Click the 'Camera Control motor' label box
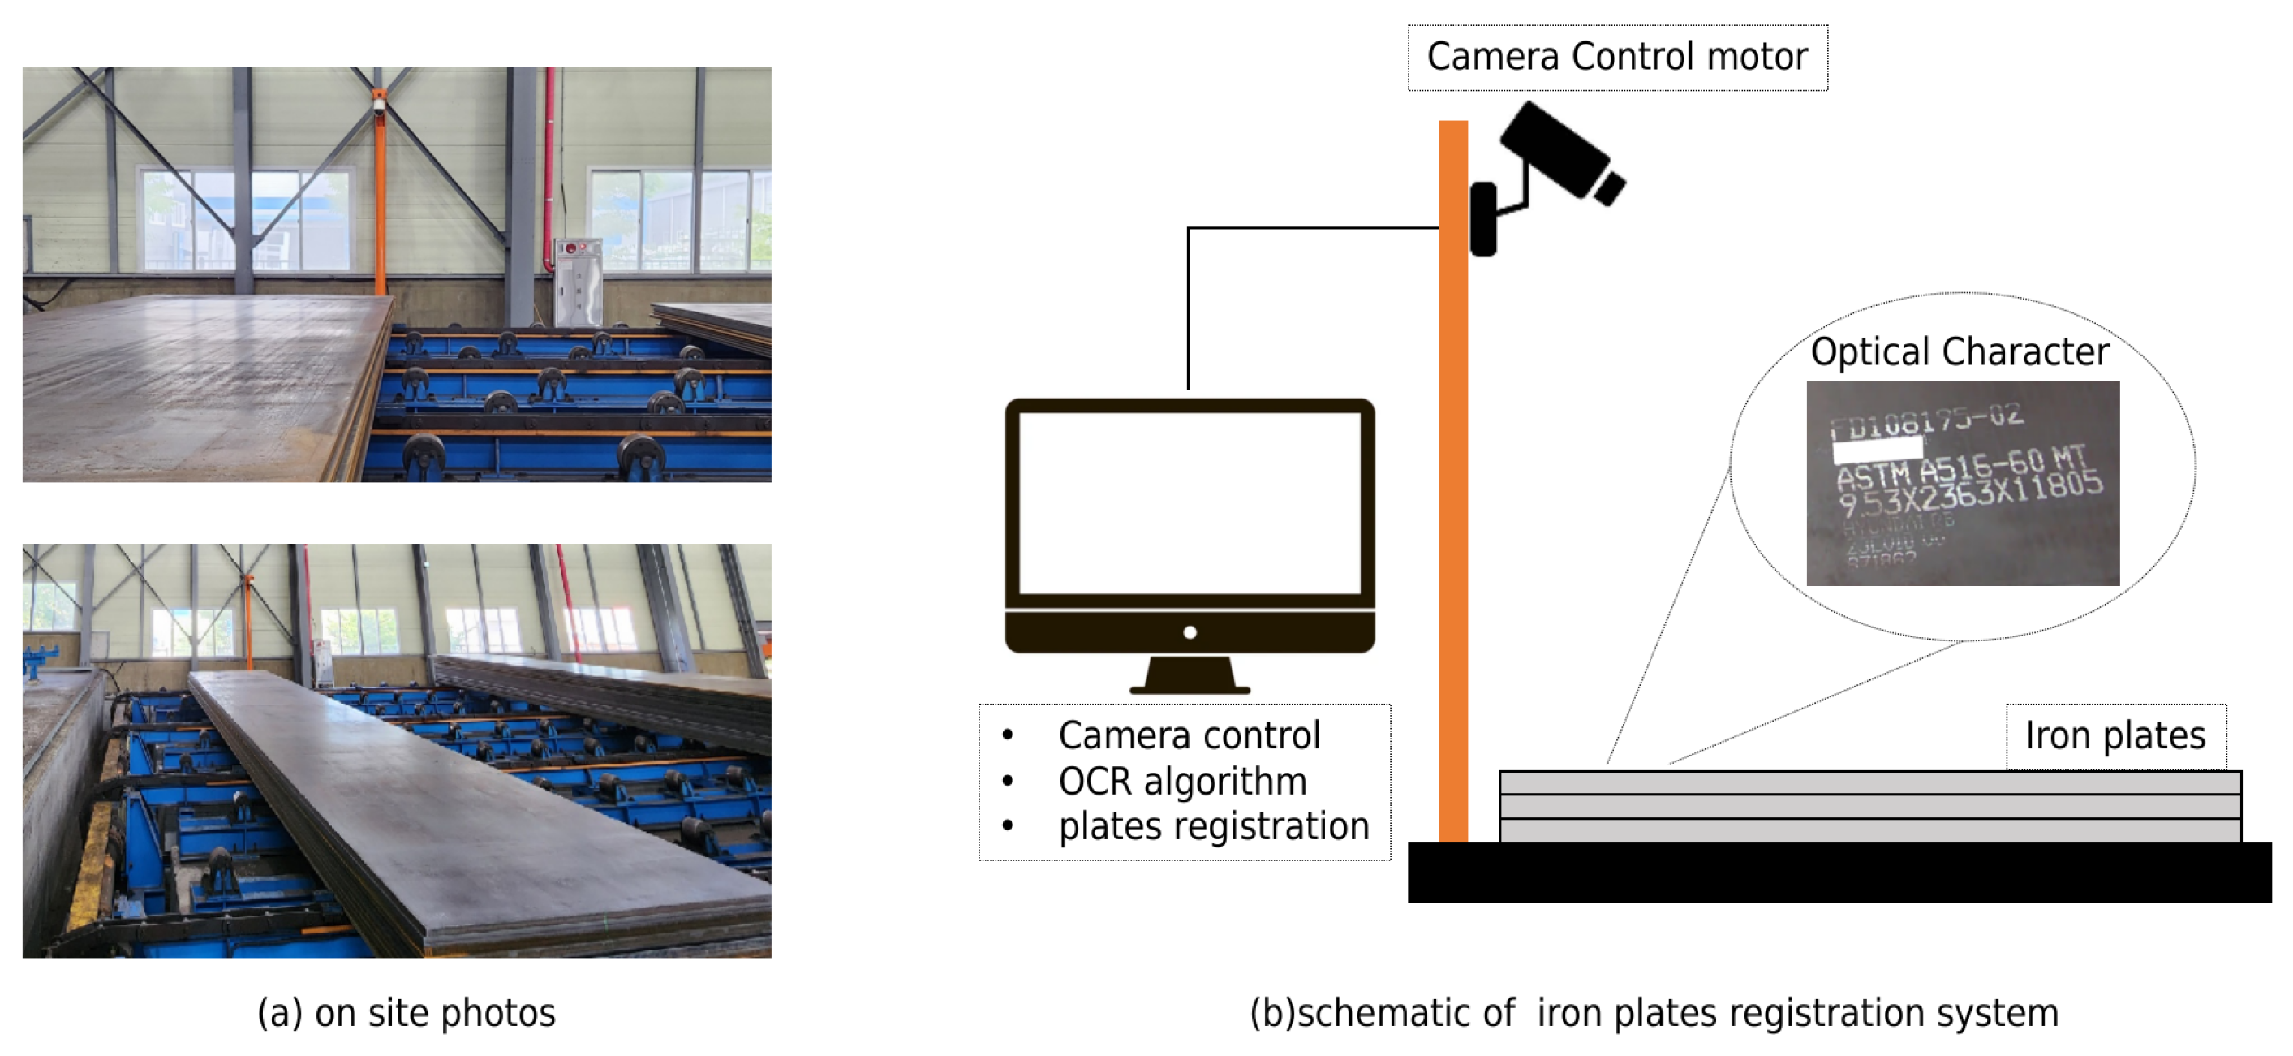[1616, 57]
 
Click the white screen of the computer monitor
[1190, 503]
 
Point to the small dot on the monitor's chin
[1190, 632]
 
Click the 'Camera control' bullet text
[1189, 735]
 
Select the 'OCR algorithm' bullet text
[1182, 781]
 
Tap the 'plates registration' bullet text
[1213, 826]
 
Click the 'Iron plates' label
[2115, 735]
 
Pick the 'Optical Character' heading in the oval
[1960, 351]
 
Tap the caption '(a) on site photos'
[406, 1012]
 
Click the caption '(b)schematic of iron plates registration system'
[1653, 1012]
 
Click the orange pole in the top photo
[380, 205]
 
